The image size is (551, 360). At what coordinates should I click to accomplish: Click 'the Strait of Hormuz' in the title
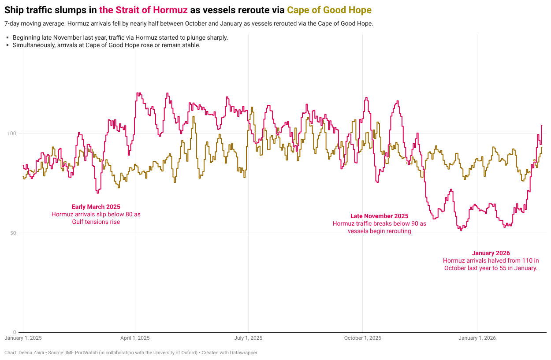[x=143, y=10]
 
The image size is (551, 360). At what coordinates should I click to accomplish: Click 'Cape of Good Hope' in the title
[x=329, y=10]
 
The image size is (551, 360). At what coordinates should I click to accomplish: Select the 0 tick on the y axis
[x=15, y=332]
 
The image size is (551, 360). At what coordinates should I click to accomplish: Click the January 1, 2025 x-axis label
[x=23, y=338]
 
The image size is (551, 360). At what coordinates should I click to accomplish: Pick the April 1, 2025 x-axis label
[x=135, y=338]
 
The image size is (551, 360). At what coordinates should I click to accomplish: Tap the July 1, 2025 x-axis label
[x=248, y=338]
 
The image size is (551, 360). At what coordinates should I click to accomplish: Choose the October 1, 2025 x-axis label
[x=362, y=338]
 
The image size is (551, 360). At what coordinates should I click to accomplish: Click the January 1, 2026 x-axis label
[x=477, y=338]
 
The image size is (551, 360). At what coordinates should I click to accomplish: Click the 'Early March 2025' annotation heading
[x=96, y=207]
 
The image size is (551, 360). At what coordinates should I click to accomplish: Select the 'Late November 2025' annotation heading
[x=379, y=216]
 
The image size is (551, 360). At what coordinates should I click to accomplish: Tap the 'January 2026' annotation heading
[x=491, y=253]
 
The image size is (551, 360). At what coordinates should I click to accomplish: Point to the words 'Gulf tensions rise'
[x=96, y=222]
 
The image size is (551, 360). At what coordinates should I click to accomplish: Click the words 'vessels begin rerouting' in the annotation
[x=379, y=231]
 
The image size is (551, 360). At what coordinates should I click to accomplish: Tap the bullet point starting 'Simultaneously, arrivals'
[x=106, y=45]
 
